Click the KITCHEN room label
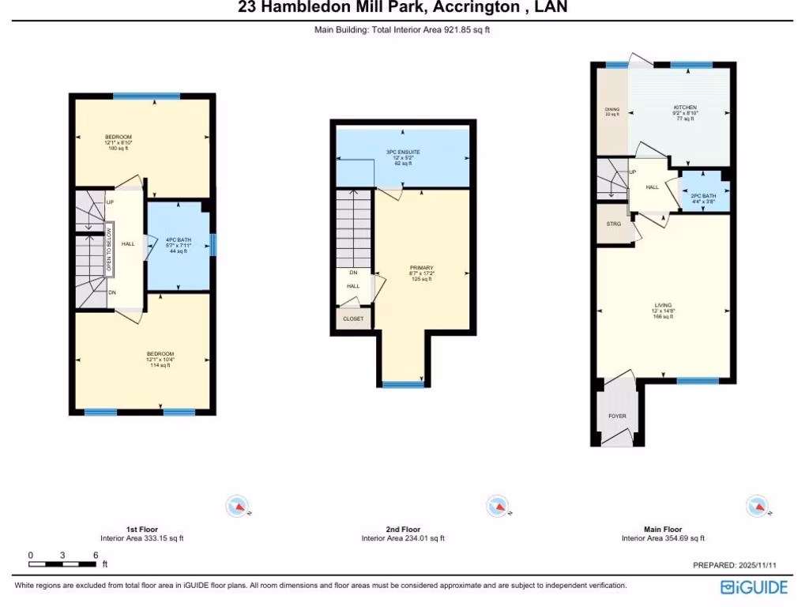[x=685, y=107]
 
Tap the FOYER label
[x=617, y=416]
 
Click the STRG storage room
[x=614, y=224]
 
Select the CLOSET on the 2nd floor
[x=353, y=319]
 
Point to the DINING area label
[x=612, y=111]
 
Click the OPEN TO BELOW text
[x=109, y=249]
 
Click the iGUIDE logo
[x=754, y=587]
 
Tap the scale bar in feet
[x=62, y=563]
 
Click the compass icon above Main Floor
[x=756, y=505]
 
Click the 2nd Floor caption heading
[x=402, y=530]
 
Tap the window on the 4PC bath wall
[x=213, y=245]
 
